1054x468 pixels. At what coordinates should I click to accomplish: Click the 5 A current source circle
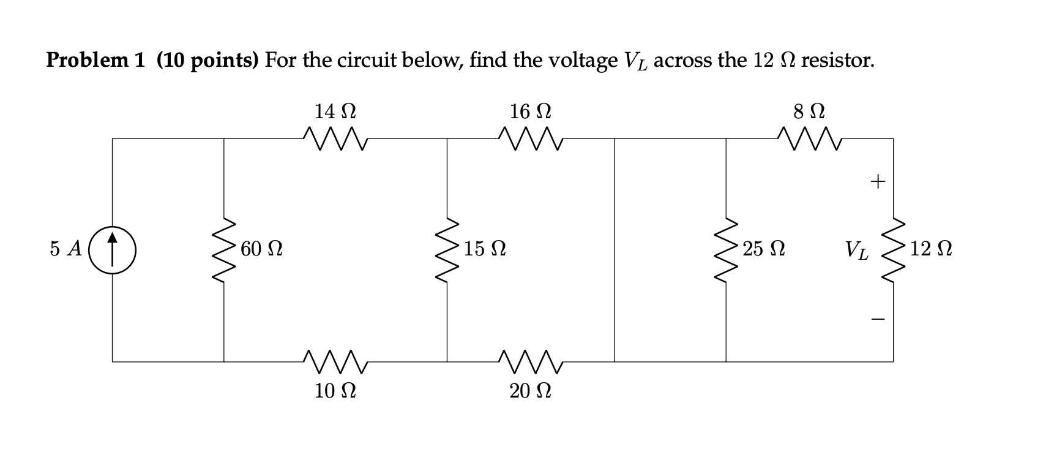[x=112, y=250]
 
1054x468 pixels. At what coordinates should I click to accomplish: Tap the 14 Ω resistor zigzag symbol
[x=335, y=138]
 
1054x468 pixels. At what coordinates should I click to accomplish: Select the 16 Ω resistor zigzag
[x=530, y=138]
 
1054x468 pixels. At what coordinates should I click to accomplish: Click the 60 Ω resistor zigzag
[x=224, y=250]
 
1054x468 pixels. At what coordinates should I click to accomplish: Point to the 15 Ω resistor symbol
[x=447, y=250]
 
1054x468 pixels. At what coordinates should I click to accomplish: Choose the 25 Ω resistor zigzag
[x=727, y=250]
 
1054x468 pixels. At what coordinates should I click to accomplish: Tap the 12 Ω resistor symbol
[x=893, y=250]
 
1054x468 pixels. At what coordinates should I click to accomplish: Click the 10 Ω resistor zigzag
[x=335, y=361]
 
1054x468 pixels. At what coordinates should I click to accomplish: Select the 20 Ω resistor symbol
[x=530, y=361]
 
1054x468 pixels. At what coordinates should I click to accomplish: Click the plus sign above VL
[x=878, y=181]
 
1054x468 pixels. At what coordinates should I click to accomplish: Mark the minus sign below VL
[x=878, y=319]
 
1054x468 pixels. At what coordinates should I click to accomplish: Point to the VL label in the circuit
[x=856, y=251]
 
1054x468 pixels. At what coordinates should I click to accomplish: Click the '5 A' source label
[x=66, y=249]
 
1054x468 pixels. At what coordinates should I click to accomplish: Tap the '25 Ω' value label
[x=764, y=249]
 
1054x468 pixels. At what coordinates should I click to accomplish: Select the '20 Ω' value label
[x=530, y=390]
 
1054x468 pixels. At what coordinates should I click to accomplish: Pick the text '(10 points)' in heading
[x=208, y=60]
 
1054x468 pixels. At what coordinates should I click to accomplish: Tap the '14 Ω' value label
[x=335, y=111]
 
